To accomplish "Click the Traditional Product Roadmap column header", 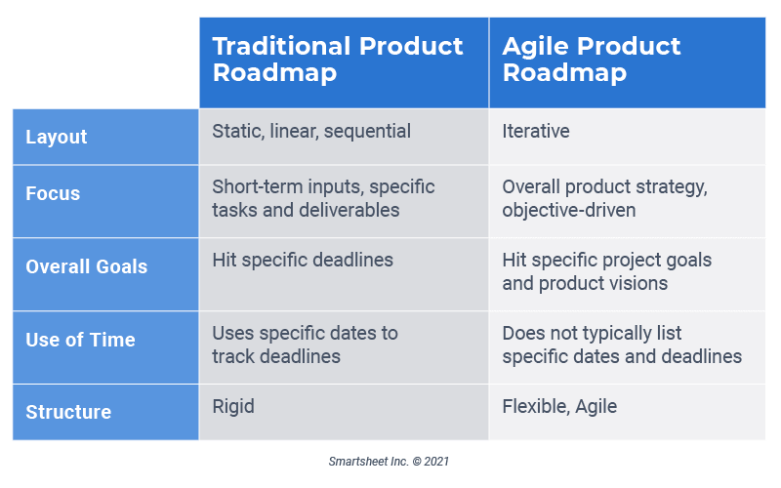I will (x=338, y=61).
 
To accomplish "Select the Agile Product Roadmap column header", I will (x=592, y=61).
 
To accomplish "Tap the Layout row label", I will (x=57, y=138).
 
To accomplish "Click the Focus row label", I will (x=53, y=193).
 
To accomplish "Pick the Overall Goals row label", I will (x=87, y=266).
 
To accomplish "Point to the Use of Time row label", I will (x=80, y=340).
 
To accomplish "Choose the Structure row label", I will (x=68, y=412).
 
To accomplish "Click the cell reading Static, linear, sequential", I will (x=311, y=131).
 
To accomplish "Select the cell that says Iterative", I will (x=536, y=131).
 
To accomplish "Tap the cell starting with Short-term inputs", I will (x=323, y=198).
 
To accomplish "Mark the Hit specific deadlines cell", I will (x=303, y=260).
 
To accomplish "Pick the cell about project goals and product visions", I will (x=606, y=271).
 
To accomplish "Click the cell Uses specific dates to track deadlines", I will (x=305, y=345).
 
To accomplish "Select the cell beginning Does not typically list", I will (x=622, y=345).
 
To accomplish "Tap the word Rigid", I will (x=233, y=406).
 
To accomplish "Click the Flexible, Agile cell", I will (x=559, y=406).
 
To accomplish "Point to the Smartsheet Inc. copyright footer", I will (x=389, y=461).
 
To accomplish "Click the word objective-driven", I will (x=570, y=211).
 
